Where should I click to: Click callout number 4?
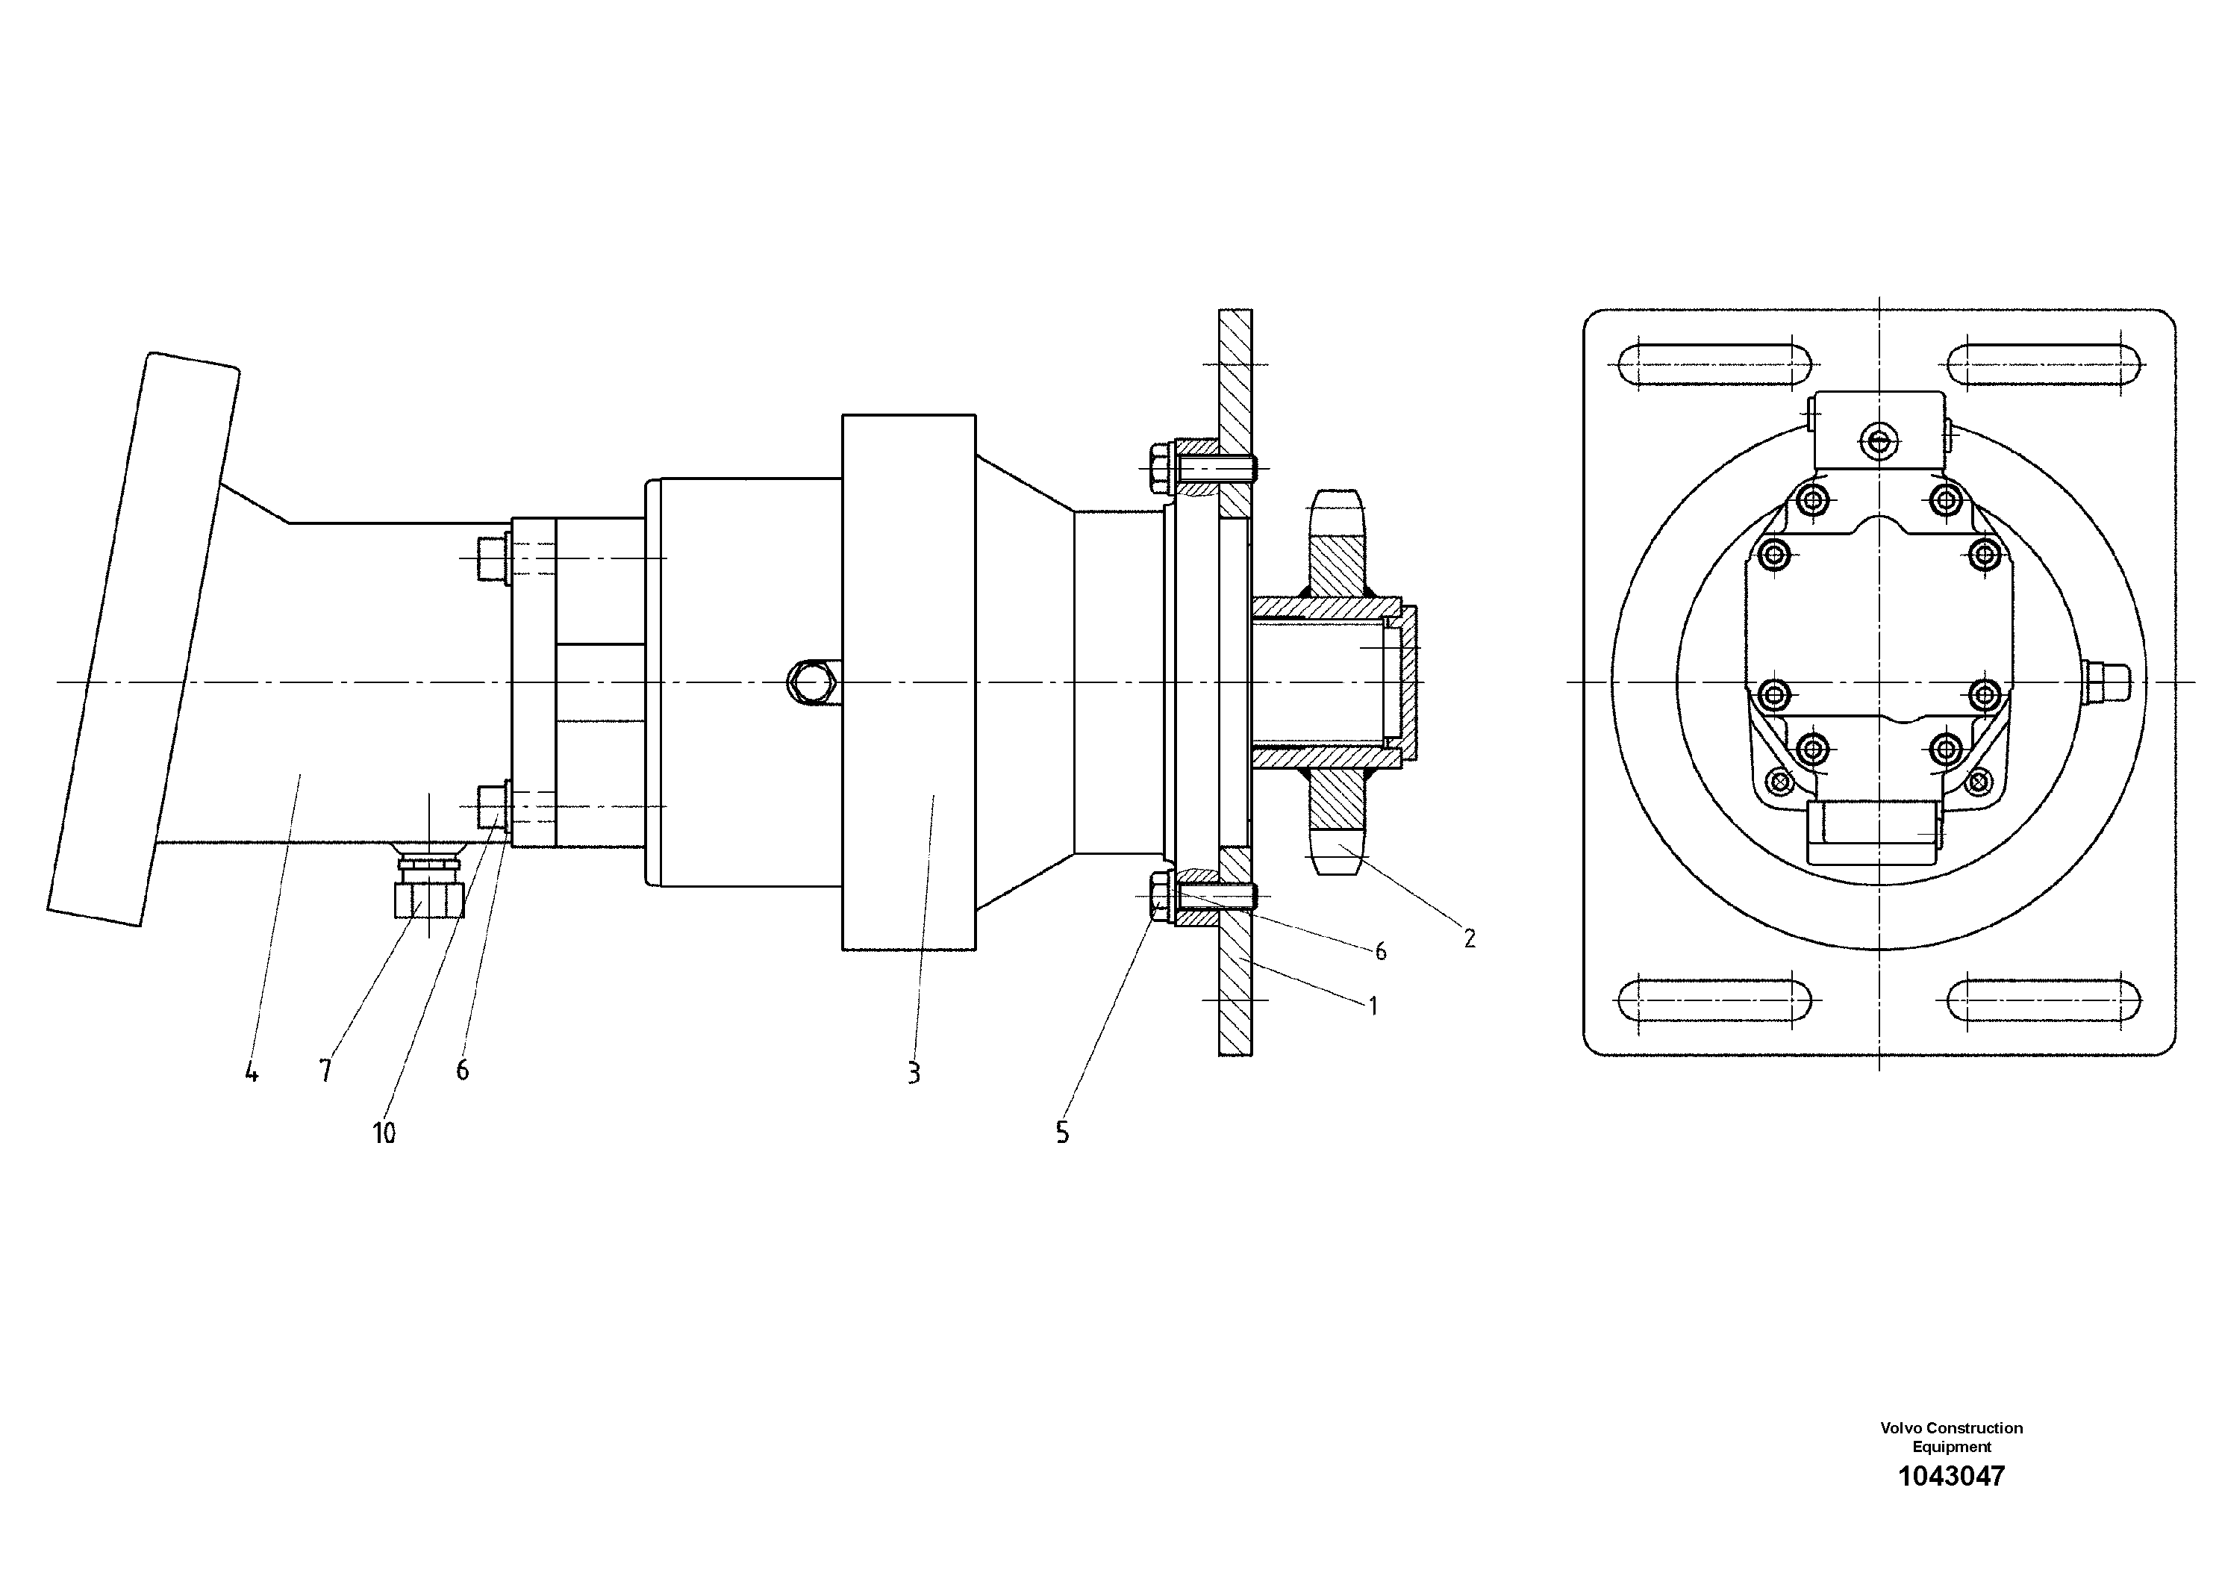[252, 1073]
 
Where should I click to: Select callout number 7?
[325, 1071]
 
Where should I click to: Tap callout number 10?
[384, 1133]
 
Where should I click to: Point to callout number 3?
[914, 1073]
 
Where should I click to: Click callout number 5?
[1063, 1133]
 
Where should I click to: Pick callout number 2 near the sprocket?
[1469, 938]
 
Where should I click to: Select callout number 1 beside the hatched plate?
[1373, 1006]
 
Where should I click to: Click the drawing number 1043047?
[1951, 1476]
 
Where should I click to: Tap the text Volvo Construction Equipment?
[1951, 1437]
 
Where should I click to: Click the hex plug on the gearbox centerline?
[810, 682]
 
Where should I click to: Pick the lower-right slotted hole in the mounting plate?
[2044, 1001]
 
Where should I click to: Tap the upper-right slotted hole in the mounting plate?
[2044, 367]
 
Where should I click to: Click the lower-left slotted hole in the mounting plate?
[1713, 1001]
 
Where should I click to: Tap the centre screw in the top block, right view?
[1879, 441]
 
